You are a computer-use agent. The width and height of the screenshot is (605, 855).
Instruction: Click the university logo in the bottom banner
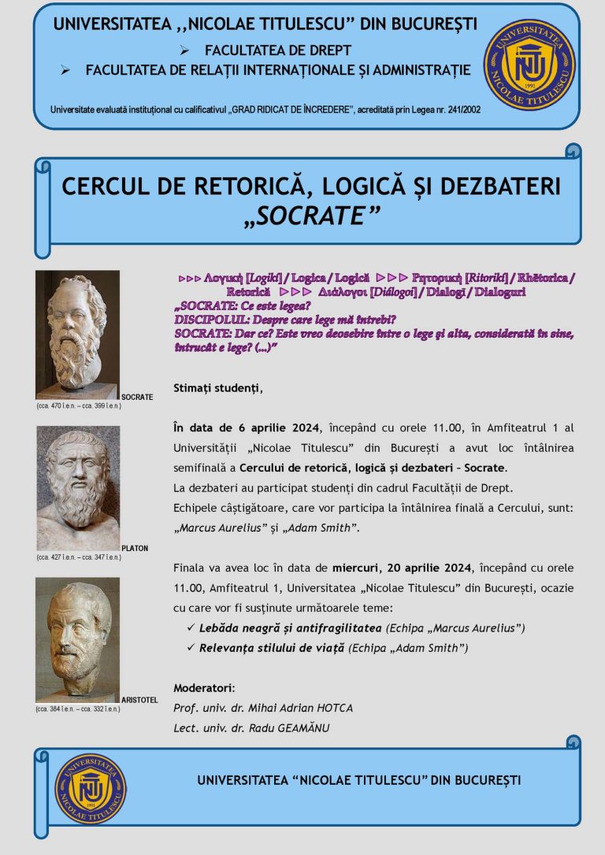[x=91, y=789]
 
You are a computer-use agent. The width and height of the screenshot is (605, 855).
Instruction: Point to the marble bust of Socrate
[x=77, y=334]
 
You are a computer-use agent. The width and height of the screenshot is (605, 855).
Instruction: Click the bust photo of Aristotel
[x=77, y=639]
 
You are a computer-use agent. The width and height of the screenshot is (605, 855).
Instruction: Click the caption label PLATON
[x=135, y=548]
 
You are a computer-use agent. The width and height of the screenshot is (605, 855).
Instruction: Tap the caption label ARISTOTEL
[x=140, y=700]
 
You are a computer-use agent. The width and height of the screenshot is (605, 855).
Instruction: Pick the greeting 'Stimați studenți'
[x=217, y=388]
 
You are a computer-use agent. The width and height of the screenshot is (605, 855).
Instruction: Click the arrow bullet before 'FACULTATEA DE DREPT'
[x=184, y=50]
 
